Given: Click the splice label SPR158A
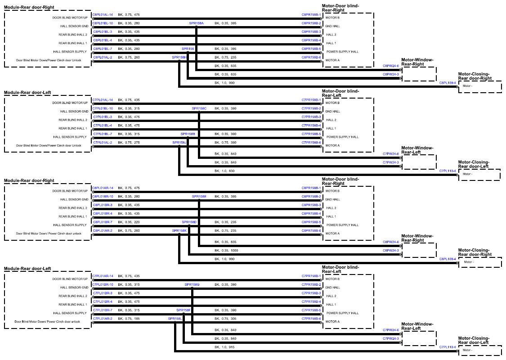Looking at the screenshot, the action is (x=196, y=23).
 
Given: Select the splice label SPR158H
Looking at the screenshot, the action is (x=179, y=58).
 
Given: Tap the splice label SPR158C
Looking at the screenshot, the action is (x=199, y=108).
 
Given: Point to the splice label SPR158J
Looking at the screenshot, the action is (x=179, y=143).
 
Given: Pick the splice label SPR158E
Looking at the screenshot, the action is (x=199, y=197).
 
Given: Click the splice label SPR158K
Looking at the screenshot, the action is (x=179, y=231).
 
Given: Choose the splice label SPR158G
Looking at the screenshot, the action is (x=192, y=285).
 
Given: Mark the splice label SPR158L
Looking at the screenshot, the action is (x=175, y=319).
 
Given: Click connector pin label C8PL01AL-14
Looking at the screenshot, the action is (x=103, y=15).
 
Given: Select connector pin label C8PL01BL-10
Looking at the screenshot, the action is (x=103, y=23).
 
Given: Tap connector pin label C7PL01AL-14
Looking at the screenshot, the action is (x=103, y=100).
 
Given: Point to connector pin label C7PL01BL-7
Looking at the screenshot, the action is (x=103, y=134).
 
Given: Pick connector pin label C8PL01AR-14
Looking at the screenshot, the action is (x=103, y=188).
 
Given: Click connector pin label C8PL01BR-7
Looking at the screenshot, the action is (x=103, y=222).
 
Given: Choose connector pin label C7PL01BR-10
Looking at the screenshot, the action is (x=103, y=285).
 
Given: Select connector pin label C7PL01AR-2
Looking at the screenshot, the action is (x=103, y=319).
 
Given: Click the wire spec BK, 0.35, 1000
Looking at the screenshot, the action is (x=227, y=251).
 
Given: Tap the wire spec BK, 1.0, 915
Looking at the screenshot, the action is (x=224, y=347).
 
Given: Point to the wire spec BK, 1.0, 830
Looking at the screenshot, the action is (x=224, y=171).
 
